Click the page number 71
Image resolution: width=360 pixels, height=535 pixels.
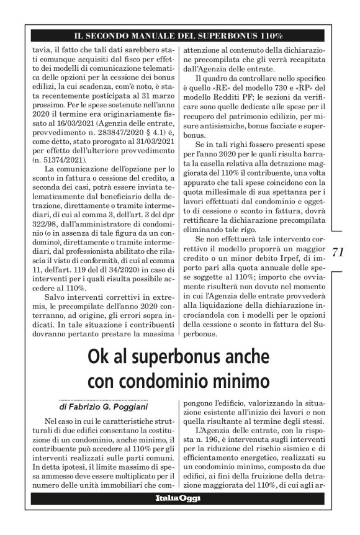point(338,252)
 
